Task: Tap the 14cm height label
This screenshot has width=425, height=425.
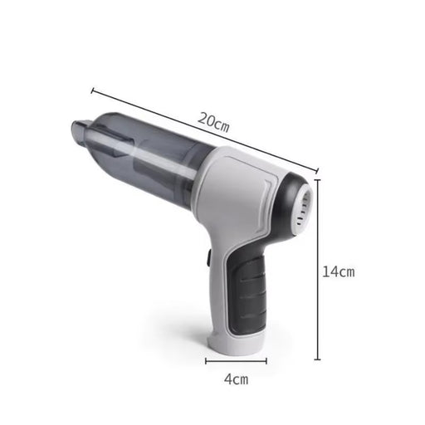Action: tap(338, 272)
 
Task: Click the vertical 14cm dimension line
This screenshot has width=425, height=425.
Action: tap(318, 274)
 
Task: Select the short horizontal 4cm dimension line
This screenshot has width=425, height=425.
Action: tap(237, 360)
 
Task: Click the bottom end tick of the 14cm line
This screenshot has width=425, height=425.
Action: tap(318, 359)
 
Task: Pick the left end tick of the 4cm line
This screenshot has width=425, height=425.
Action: tap(207, 360)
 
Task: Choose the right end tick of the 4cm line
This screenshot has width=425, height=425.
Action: tap(266, 360)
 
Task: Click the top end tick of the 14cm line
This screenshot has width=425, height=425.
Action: tap(318, 181)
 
